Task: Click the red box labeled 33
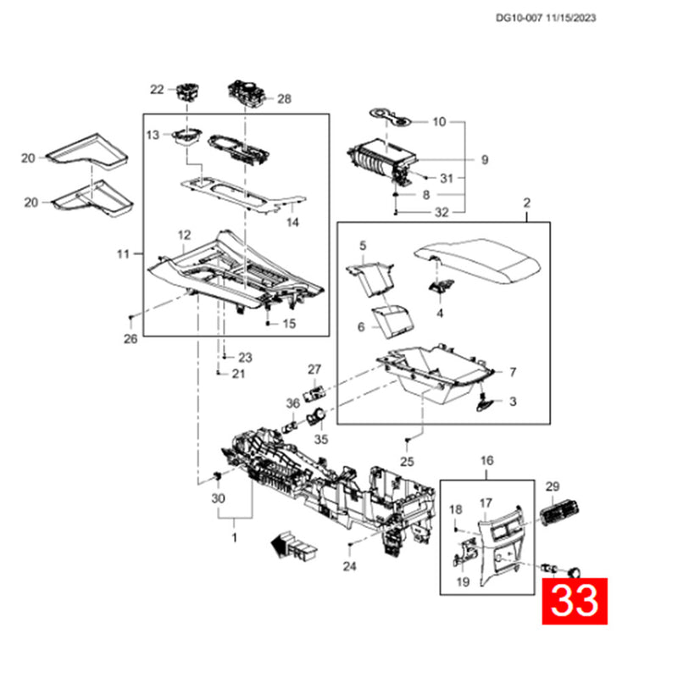(x=575, y=601)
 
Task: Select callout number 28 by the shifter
(x=284, y=99)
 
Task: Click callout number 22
(x=157, y=90)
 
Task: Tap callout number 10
(x=439, y=122)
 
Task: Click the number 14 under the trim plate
(x=292, y=222)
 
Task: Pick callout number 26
(x=131, y=339)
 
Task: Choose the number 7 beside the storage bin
(x=513, y=372)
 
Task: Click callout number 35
(x=321, y=439)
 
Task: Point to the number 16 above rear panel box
(x=486, y=460)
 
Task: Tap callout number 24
(x=349, y=565)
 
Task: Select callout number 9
(x=485, y=160)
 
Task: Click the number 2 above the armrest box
(x=526, y=203)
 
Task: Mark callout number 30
(x=218, y=498)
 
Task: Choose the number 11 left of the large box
(x=123, y=253)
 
